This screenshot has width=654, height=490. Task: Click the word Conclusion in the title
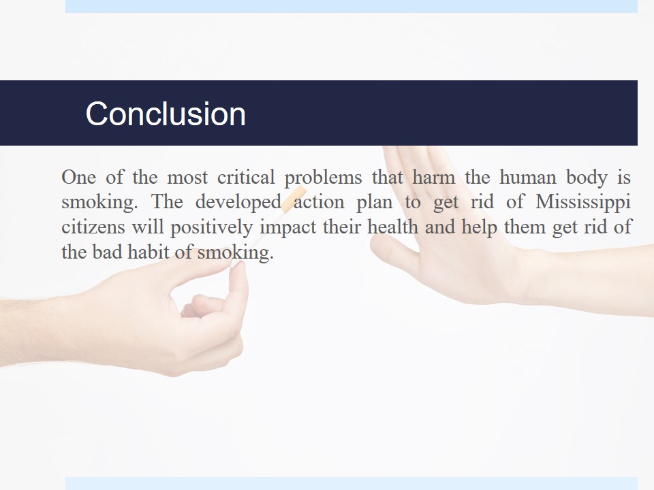166,114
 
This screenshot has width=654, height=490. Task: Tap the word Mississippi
582,203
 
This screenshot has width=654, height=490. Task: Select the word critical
246,177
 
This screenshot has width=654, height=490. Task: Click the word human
527,177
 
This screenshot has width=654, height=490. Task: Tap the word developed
238,203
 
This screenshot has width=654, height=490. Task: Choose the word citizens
93,227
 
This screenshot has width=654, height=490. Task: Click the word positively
211,228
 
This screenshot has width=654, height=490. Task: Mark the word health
392,227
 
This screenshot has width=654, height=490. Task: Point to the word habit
149,252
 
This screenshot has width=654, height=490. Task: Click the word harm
434,177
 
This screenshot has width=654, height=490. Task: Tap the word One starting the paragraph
79,177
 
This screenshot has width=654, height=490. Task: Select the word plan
375,203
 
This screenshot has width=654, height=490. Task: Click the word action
319,202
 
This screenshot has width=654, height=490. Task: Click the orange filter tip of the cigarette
294,198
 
